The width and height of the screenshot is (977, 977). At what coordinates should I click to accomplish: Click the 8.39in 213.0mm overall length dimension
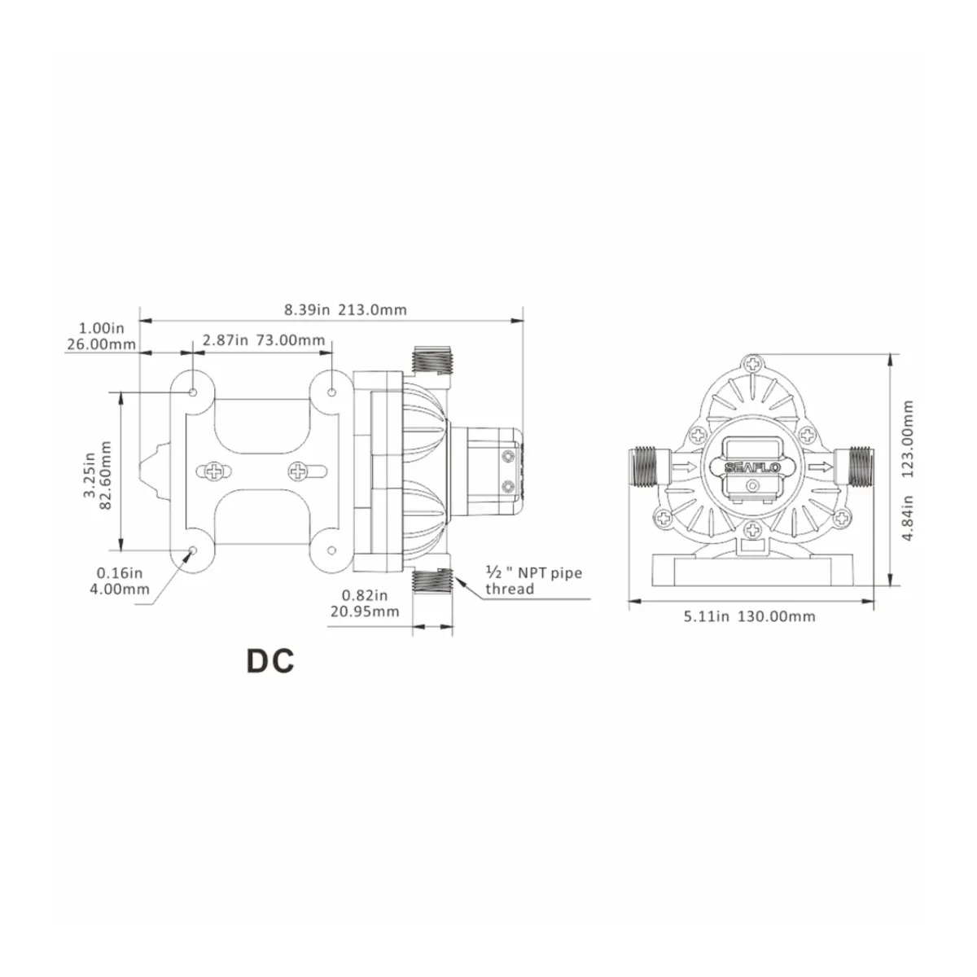pos(345,309)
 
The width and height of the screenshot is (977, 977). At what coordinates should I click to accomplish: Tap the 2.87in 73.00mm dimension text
pos(264,340)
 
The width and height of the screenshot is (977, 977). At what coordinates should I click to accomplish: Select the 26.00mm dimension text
pos(102,344)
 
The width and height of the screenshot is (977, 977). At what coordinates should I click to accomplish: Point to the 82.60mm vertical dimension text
pos(106,475)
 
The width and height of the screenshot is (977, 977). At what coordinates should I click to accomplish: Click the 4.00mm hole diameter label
pos(120,589)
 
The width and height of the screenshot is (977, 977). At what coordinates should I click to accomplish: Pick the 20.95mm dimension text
pos(365,611)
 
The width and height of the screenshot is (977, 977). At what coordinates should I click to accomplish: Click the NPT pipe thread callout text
pos(534,581)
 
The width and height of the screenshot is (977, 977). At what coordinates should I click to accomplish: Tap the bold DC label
pos(270,661)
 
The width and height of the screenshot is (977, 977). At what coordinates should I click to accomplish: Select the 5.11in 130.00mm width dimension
pos(749,616)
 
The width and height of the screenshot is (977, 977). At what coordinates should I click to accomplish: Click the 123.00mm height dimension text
pos(908,437)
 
